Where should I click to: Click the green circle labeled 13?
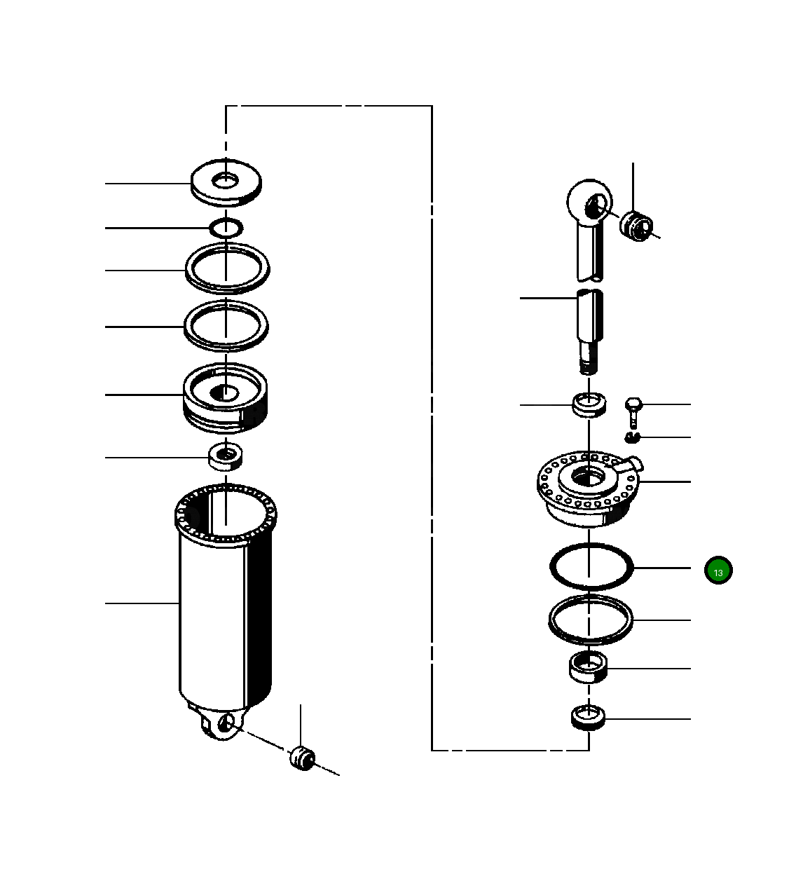[x=718, y=571]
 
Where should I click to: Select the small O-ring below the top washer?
[x=226, y=227]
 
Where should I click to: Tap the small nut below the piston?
[x=226, y=457]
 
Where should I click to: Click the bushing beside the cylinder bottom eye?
[x=303, y=758]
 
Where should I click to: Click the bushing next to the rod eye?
[x=636, y=225]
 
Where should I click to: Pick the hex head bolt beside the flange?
[x=633, y=411]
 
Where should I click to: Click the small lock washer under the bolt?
[x=633, y=438]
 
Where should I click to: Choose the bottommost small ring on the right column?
[x=589, y=718]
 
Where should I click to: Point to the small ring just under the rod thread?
[x=589, y=405]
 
